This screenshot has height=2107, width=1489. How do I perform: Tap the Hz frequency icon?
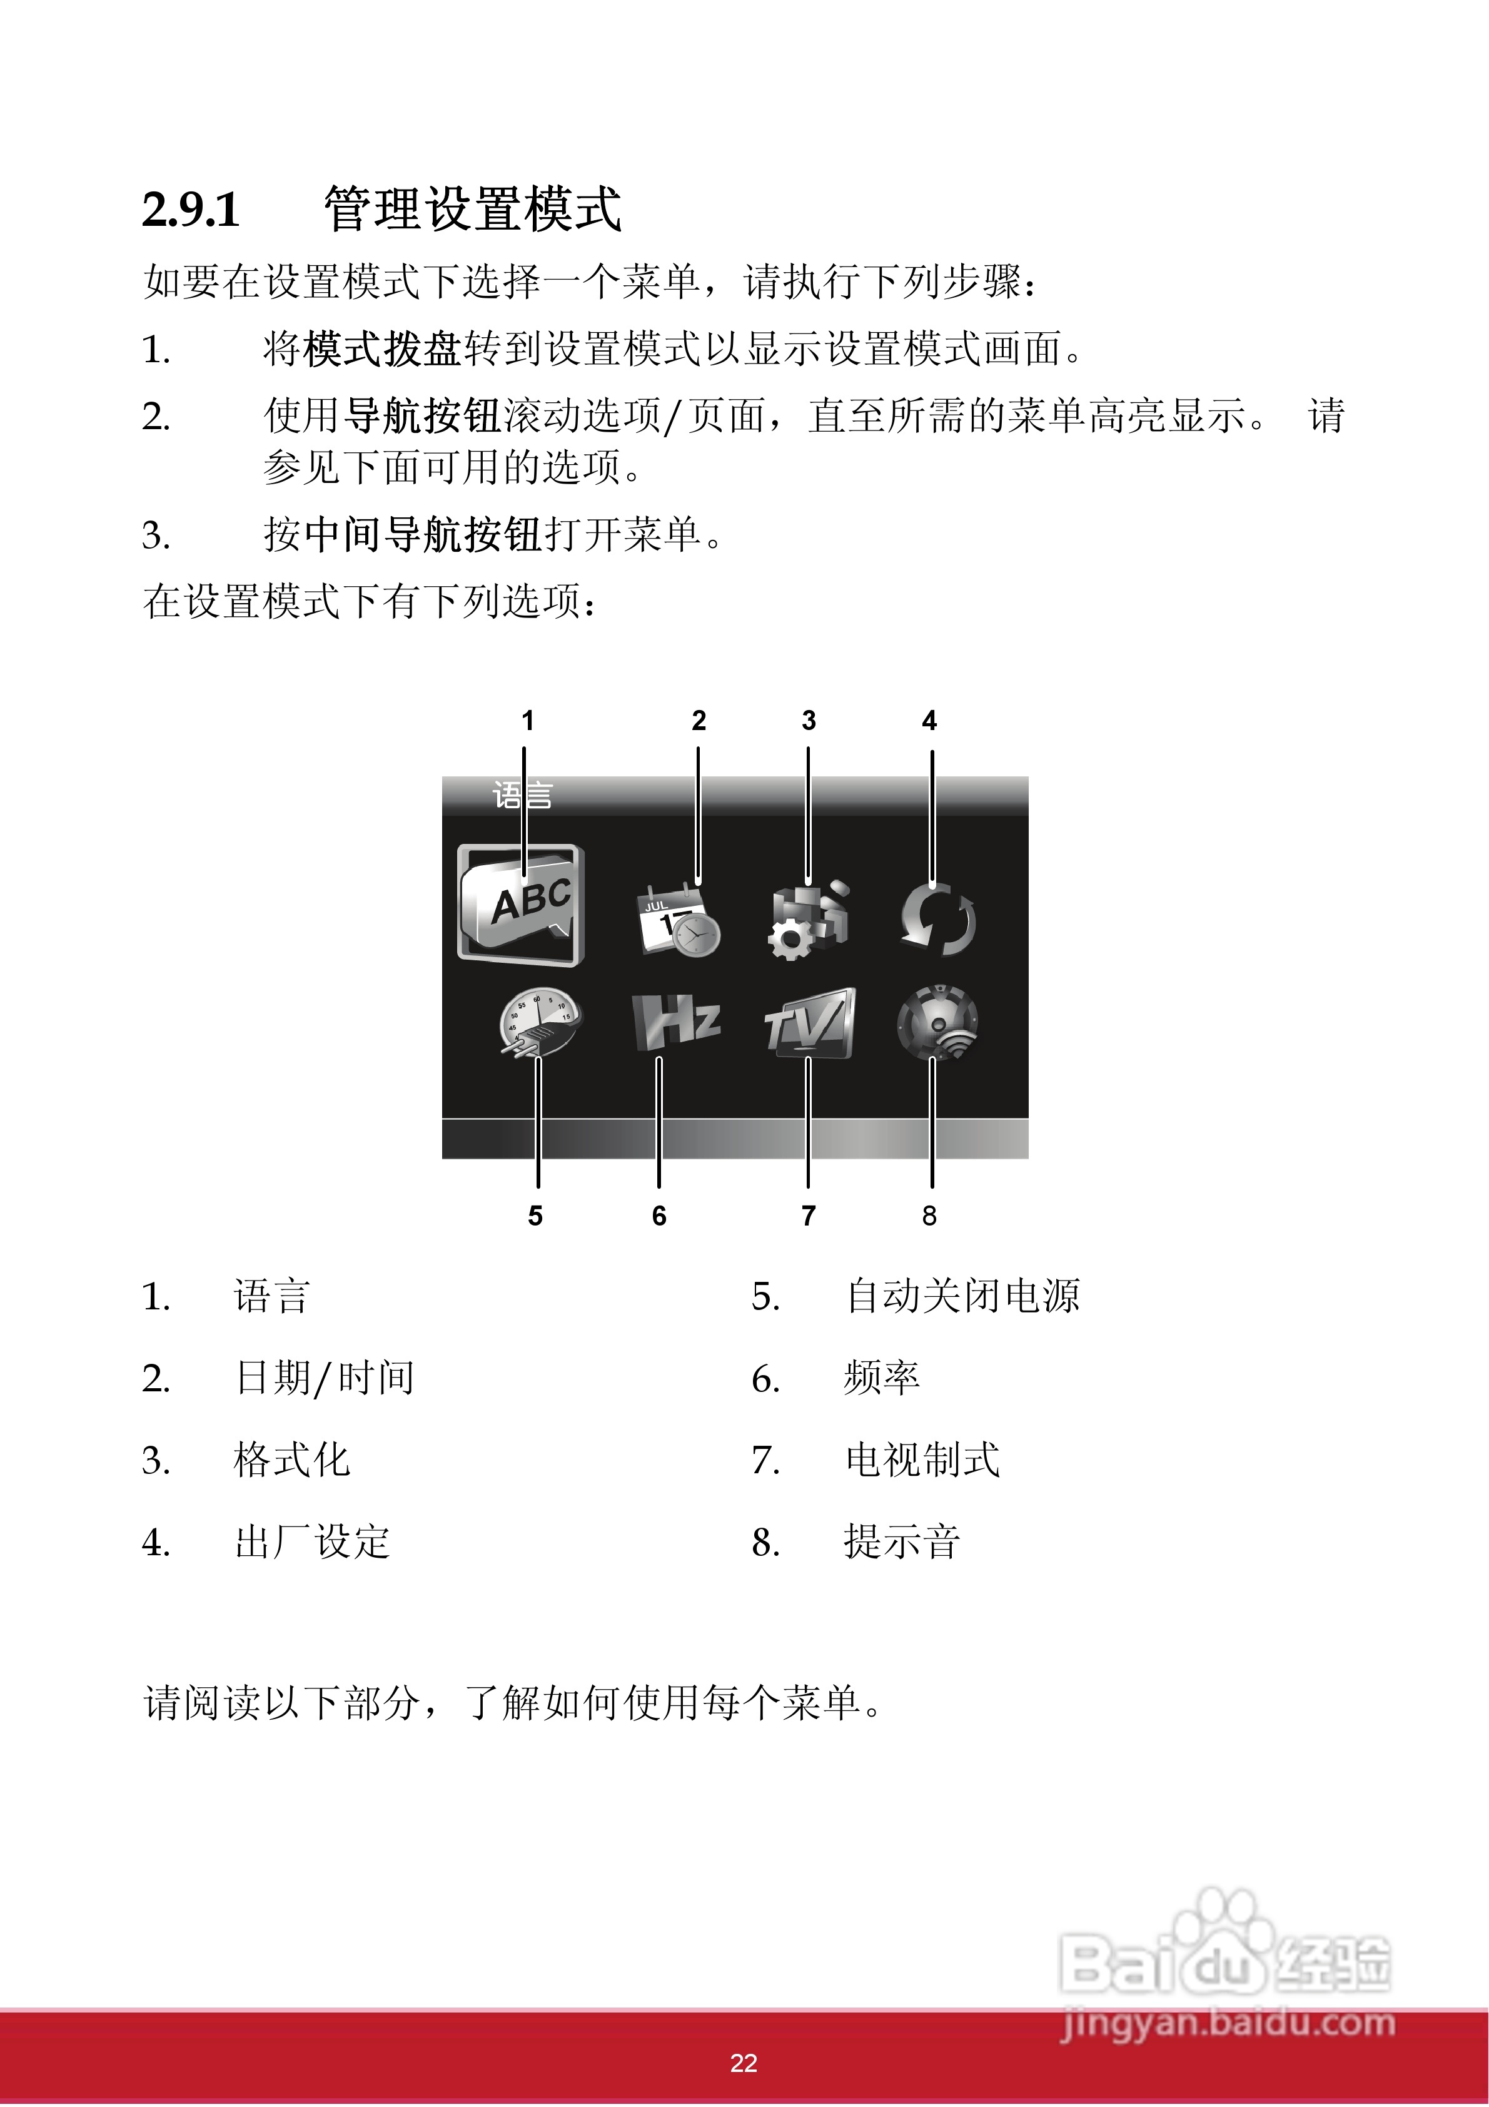coord(676,1022)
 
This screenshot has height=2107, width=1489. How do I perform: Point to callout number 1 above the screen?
coord(528,721)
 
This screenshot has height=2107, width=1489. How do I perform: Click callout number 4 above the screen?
coord(929,721)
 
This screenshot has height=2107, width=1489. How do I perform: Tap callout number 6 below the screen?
coord(659,1216)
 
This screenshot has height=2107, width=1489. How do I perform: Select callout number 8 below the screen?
coord(929,1216)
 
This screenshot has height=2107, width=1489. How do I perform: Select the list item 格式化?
coord(292,1460)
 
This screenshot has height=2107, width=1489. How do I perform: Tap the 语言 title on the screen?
coord(522,795)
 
